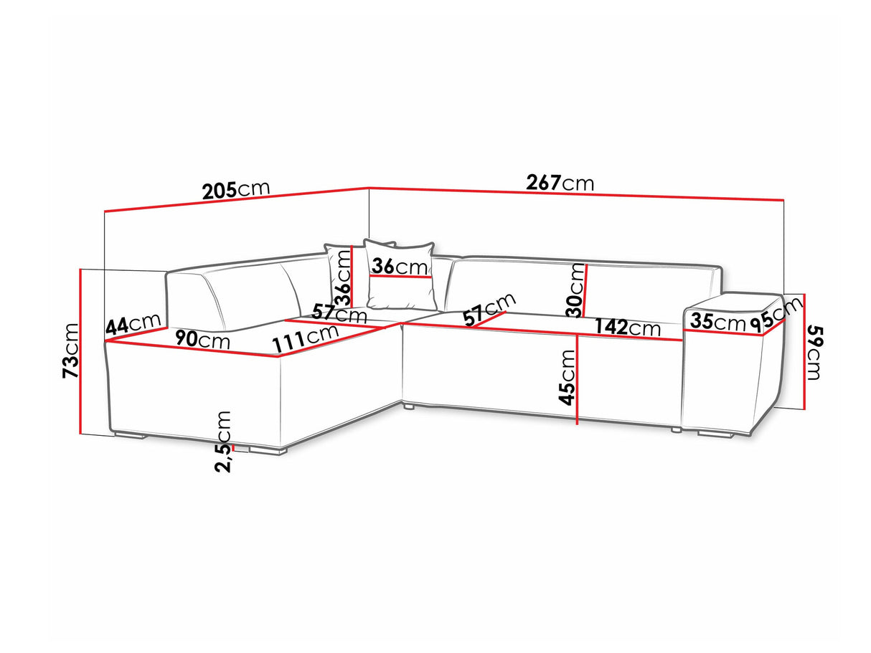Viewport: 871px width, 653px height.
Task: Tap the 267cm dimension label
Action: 560,183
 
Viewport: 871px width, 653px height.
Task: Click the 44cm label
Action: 133,324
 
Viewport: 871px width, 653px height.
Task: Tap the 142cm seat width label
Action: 628,327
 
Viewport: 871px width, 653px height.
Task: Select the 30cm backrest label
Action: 576,290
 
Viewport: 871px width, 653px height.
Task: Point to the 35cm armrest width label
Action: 718,321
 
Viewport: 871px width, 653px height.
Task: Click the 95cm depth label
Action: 776,315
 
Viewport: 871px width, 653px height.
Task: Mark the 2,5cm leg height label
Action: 222,442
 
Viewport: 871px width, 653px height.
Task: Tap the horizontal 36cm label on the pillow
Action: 400,266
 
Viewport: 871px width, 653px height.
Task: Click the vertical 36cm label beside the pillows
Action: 342,277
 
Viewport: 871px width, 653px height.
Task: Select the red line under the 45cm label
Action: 578,379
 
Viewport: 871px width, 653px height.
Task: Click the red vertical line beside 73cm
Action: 80,351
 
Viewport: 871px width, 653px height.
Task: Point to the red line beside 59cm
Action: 804,351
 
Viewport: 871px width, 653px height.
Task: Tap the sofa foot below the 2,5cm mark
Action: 267,451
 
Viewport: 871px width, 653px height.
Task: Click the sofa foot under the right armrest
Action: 715,434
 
